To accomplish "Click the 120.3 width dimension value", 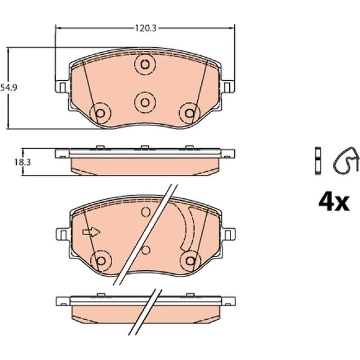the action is (145, 28).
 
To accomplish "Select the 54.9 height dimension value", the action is (9, 87).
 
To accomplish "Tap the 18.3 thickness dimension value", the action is (23, 162).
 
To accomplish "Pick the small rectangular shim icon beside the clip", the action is (318, 160).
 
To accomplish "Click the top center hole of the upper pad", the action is (145, 64).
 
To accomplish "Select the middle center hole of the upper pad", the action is (145, 102).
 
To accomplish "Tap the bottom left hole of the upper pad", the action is (100, 113).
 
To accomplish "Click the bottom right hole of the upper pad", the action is (190, 113).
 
